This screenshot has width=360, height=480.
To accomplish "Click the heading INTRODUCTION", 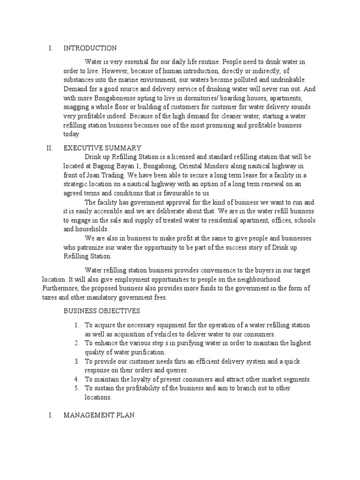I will click(90, 48).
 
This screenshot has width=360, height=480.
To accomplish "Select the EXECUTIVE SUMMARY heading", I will click(102, 148).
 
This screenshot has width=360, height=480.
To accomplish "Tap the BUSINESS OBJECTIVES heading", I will click(101, 311).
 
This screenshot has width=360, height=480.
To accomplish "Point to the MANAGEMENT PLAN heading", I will click(99, 415).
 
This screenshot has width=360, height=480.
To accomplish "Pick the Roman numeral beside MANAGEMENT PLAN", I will click(50, 415).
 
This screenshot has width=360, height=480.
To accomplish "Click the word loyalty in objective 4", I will click(143, 379).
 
